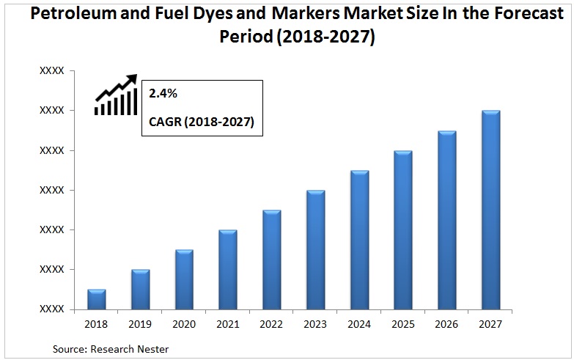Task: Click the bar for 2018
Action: tap(97, 299)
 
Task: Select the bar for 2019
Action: tap(140, 290)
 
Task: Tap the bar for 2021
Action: tap(228, 270)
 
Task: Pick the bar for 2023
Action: tap(315, 250)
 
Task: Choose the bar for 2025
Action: tap(402, 230)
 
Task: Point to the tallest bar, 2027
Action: tap(490, 210)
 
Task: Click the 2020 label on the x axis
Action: tap(184, 323)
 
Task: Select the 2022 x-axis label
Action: tap(271, 323)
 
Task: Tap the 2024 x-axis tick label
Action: tap(359, 323)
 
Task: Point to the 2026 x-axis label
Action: tap(446, 323)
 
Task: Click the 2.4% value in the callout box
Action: tap(163, 94)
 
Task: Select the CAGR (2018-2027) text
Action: tap(202, 122)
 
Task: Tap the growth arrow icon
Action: tap(116, 95)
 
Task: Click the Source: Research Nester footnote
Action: tap(111, 349)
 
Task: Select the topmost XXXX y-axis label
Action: tap(52, 71)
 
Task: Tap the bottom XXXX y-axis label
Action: tap(52, 309)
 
